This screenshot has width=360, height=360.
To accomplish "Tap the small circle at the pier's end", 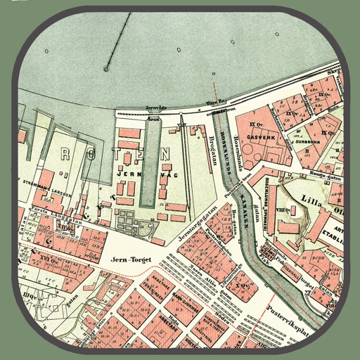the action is [106, 68].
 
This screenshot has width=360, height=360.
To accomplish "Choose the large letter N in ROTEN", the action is [165, 154].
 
